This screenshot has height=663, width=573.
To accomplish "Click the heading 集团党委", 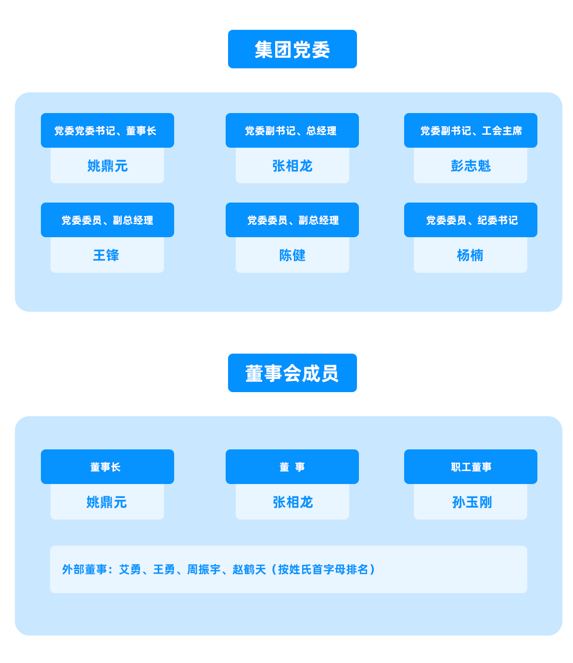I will pyautogui.click(x=292, y=50).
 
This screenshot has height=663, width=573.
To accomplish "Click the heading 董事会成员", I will pyautogui.click(x=292, y=374).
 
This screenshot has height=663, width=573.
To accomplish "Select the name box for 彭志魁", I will pyautogui.click(x=471, y=166).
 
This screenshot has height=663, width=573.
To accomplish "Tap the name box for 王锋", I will pyautogui.click(x=107, y=255).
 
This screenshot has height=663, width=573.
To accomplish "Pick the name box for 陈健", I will pyautogui.click(x=293, y=255).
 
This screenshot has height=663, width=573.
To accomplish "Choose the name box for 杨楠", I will pyautogui.click(x=471, y=255).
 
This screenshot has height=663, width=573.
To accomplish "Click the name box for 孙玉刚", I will pyautogui.click(x=471, y=502).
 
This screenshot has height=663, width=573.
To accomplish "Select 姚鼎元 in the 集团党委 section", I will pyautogui.click(x=107, y=166).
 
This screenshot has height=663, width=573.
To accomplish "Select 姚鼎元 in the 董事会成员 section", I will pyautogui.click(x=107, y=502).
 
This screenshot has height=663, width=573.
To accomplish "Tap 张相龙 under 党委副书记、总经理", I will pyautogui.click(x=293, y=166).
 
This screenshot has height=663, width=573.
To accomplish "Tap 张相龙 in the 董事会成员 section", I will pyautogui.click(x=293, y=502).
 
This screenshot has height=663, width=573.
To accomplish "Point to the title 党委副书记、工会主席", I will pyautogui.click(x=471, y=131).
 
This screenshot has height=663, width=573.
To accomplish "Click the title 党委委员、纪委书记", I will pyautogui.click(x=471, y=220).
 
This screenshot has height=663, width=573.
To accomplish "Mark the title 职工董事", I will pyautogui.click(x=471, y=467).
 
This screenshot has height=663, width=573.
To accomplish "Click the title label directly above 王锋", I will pyautogui.click(x=107, y=220).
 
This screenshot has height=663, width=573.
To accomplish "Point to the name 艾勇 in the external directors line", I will pyautogui.click(x=130, y=570).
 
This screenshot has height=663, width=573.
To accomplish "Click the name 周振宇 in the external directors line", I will pyautogui.click(x=204, y=570).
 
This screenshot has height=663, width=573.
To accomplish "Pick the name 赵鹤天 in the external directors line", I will pyautogui.click(x=249, y=570).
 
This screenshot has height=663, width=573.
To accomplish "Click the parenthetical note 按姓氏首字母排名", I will pyautogui.click(x=323, y=570).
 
